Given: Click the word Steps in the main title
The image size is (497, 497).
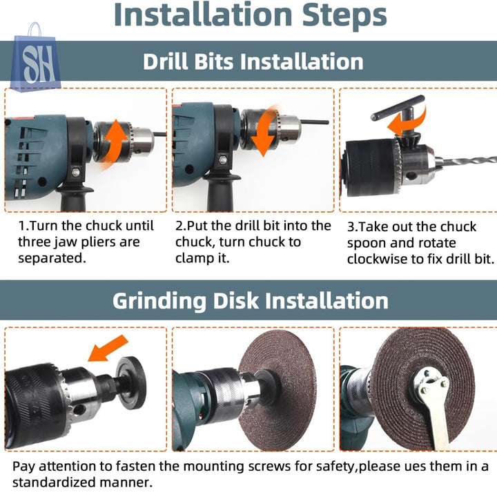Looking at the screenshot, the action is (344, 15).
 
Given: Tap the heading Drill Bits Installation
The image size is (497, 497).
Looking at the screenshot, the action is (253, 61).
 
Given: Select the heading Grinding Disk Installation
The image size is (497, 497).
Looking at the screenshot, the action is (251, 300).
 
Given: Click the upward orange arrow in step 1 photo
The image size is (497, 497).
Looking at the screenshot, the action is (116, 143).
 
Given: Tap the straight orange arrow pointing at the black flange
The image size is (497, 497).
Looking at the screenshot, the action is (108, 348).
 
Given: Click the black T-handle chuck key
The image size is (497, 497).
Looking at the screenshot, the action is (400, 114).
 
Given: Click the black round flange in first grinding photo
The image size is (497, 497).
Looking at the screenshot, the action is (130, 382).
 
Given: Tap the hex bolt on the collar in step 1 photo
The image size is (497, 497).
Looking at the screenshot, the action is (75, 173).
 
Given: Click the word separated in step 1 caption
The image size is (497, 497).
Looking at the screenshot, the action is (52, 258).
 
